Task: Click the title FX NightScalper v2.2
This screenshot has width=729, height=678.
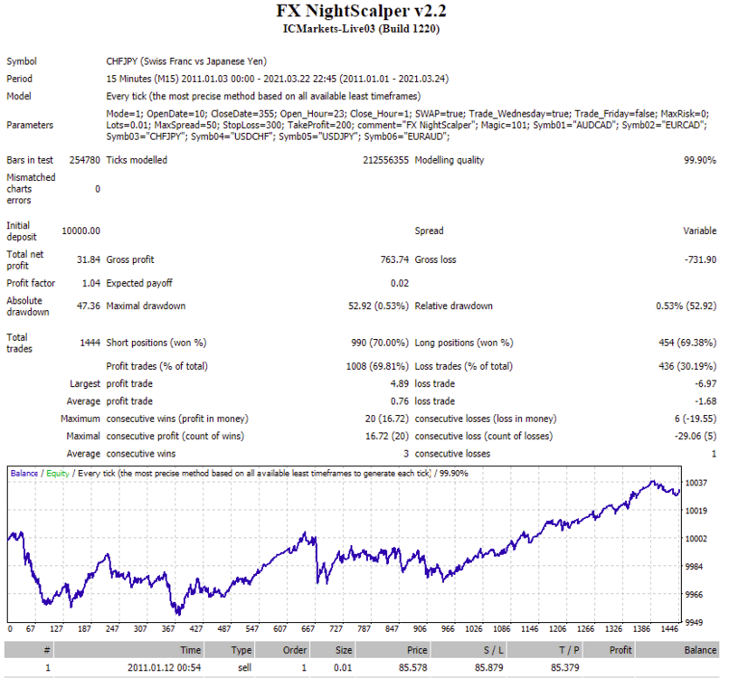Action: [361, 11]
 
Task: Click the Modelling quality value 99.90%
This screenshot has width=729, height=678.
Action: [700, 160]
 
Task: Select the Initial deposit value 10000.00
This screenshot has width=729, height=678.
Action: [80, 231]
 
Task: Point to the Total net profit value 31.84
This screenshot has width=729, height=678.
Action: [89, 259]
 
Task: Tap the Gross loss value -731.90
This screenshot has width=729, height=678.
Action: [700, 259]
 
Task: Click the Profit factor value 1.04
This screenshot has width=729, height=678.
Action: [91, 284]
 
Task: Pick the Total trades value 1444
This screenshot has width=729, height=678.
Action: [90, 343]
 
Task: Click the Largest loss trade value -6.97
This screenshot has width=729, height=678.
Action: [705, 384]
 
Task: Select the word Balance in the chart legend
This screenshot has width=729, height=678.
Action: [24, 474]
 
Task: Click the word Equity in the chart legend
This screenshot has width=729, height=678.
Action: [58, 474]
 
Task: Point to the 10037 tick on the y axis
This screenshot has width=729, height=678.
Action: [696, 484]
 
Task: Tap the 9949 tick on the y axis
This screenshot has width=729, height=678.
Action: [694, 623]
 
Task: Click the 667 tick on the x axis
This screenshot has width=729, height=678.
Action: [308, 629]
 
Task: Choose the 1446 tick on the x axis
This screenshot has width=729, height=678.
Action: [669, 629]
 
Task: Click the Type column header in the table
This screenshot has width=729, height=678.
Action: [241, 650]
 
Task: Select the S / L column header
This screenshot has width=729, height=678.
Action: [493, 650]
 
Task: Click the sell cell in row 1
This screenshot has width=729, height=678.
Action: [244, 668]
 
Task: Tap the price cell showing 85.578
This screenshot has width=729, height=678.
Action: [412, 668]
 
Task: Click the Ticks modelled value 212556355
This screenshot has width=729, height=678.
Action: [386, 160]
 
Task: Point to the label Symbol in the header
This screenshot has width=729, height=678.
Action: [22, 61]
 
